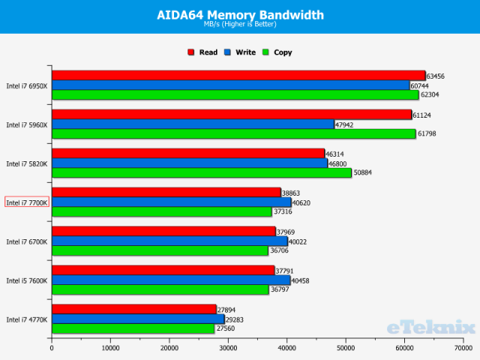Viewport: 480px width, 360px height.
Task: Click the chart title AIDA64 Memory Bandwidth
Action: pos(240,14)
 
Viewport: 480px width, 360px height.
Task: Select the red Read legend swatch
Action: pos(191,52)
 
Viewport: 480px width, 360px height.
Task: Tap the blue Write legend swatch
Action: pos(227,52)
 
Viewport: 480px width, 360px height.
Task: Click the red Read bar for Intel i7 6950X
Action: pos(238,76)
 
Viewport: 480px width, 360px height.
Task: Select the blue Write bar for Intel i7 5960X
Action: pos(193,124)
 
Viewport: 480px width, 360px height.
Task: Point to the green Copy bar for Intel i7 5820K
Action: pos(201,172)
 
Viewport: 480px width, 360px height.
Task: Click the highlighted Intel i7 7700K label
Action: pos(27,202)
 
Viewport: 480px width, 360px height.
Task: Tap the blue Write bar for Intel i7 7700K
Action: pos(171,202)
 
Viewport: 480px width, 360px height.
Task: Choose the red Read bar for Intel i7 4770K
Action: pos(133,310)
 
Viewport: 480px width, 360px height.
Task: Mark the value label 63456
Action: pos(436,76)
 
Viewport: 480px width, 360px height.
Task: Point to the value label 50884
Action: pos(363,172)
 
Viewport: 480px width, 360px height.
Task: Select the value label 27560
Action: pos(225,328)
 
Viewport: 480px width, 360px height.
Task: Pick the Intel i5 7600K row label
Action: pos(27,280)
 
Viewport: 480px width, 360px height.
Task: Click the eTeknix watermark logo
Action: pos(431,327)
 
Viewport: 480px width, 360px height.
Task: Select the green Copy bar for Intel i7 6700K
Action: pos(159,250)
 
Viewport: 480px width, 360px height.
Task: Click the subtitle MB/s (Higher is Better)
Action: pos(240,25)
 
